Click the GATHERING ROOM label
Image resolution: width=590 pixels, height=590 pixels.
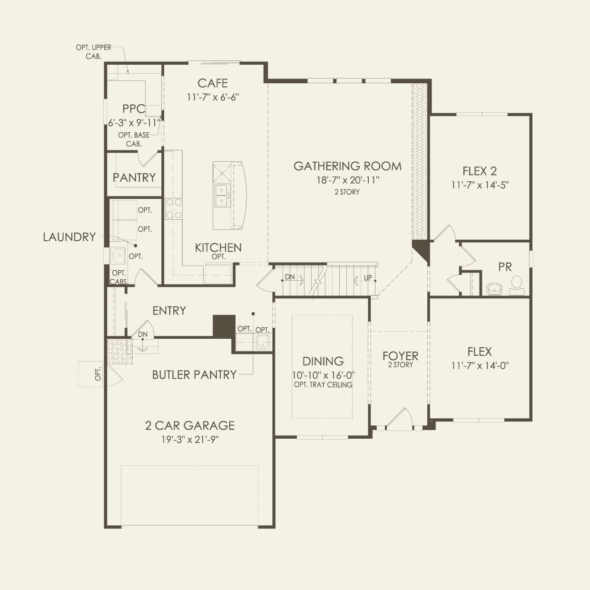347,166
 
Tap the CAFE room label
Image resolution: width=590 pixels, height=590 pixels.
213,83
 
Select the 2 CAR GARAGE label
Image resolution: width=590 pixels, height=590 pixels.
190,425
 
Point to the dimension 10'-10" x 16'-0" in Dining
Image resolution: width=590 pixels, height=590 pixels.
323,375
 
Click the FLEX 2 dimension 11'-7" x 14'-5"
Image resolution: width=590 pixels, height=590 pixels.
480,185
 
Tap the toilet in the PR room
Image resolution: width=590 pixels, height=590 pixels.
517,285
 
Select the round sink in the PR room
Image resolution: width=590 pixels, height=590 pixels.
494,289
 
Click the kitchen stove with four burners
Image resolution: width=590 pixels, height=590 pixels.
174,208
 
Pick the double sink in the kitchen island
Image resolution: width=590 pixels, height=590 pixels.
221,196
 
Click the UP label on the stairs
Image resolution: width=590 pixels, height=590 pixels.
368,277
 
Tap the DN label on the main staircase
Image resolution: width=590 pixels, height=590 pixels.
290,277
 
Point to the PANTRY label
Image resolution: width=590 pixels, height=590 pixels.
134,177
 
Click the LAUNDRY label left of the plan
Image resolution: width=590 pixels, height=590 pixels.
69,237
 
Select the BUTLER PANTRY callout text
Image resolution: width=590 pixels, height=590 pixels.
195,374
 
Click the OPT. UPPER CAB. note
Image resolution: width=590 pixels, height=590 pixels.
94,52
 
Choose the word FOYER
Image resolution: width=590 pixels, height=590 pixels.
401,356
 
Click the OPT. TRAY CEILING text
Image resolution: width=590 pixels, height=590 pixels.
323,384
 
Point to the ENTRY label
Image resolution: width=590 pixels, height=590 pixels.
169,311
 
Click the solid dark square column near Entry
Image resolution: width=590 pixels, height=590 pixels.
224,326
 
